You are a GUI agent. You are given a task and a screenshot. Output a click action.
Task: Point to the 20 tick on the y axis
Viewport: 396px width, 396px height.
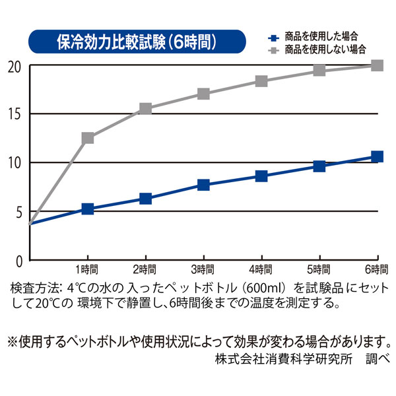[15, 67]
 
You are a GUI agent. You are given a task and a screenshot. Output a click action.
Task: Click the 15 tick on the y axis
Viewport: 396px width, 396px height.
[15, 114]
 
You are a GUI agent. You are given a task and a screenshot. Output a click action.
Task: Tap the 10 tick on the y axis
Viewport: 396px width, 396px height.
[15, 163]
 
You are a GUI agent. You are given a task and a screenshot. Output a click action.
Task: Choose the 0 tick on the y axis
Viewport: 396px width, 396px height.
[18, 260]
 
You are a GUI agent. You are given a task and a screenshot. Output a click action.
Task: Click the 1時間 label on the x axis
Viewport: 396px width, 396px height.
[87, 270]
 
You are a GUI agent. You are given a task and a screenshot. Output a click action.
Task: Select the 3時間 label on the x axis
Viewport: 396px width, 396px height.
[203, 270]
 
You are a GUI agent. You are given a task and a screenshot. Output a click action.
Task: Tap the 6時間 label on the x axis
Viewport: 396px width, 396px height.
[376, 270]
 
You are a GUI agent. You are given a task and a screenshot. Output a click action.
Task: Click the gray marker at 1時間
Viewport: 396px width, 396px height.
[87, 138]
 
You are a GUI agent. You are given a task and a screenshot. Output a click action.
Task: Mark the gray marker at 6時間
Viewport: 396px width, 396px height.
[377, 65]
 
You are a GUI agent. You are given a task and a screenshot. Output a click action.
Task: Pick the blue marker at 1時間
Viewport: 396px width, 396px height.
[87, 209]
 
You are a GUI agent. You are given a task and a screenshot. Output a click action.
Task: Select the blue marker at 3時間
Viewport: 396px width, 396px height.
[203, 185]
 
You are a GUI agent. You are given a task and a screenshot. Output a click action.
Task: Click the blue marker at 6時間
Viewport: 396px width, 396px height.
[377, 156]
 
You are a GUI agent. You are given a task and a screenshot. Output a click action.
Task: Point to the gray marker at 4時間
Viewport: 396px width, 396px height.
[261, 81]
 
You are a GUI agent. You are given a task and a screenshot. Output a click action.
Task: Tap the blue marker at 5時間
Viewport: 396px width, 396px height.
[319, 166]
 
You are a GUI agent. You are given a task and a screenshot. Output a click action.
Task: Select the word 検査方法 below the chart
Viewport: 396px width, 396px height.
[34, 288]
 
